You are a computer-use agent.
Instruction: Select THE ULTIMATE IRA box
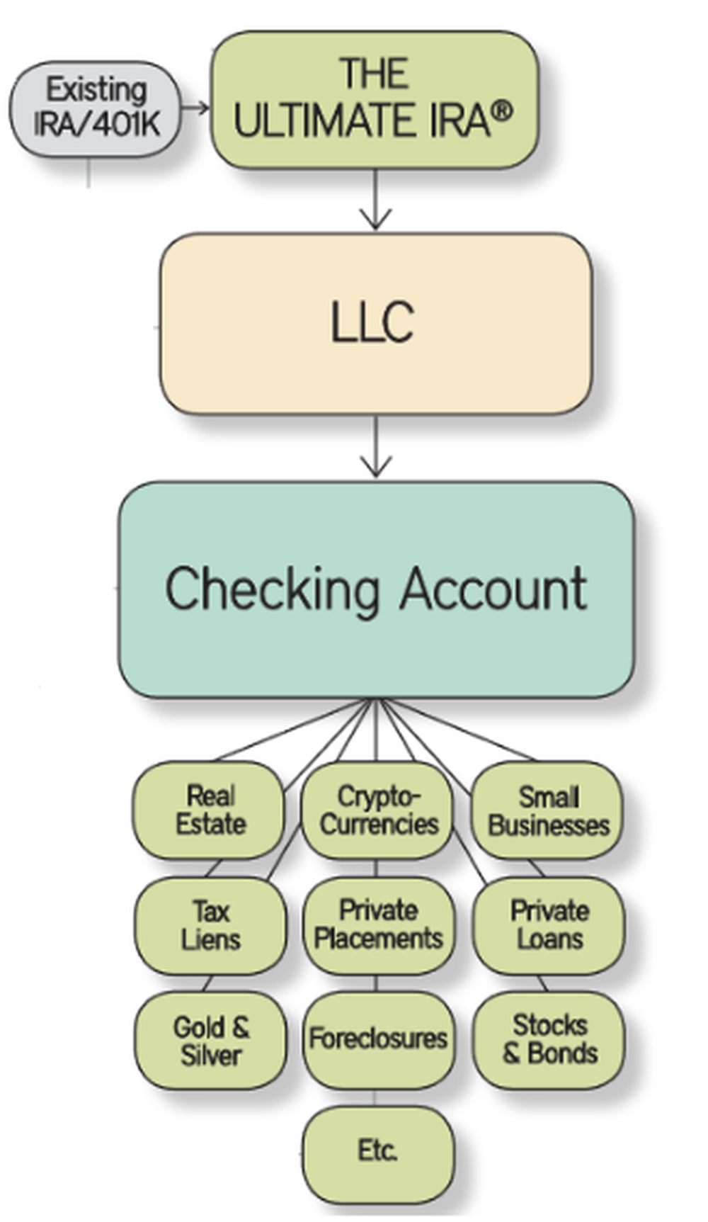point(374,99)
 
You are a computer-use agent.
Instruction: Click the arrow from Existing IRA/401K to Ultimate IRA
point(195,108)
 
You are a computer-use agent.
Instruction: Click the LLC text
point(372,322)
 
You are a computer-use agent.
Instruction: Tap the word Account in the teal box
point(493,588)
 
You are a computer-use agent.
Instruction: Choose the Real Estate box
point(210,810)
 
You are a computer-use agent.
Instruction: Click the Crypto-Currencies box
point(377,810)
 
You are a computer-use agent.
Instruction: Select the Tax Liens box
point(210,925)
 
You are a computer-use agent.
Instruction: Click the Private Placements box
point(378,925)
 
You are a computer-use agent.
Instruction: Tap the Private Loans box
point(549,925)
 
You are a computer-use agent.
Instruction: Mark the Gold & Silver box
point(210,1040)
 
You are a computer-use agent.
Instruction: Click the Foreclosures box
point(378,1039)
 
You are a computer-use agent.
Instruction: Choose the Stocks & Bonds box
point(549,1039)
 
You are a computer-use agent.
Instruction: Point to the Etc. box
point(377,1151)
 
